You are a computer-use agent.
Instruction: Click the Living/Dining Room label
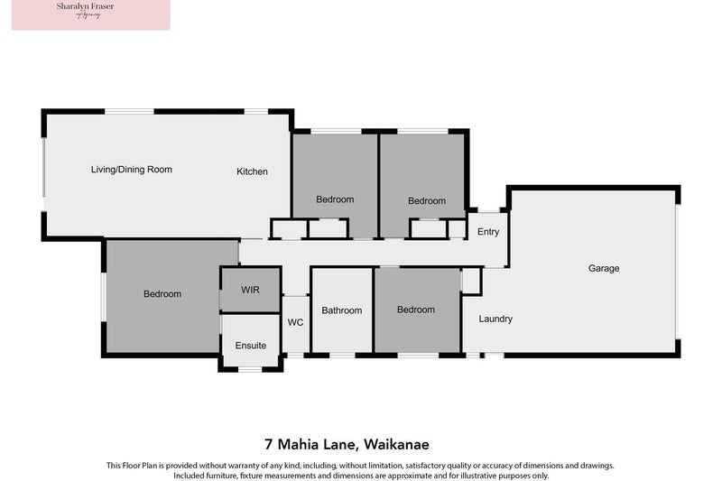tap(131, 170)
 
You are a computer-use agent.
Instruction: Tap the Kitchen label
tap(252, 171)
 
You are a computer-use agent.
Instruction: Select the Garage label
tap(604, 268)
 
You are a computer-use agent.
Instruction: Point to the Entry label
tap(488, 232)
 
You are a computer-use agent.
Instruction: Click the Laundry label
tap(495, 319)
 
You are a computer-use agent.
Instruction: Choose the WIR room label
tap(250, 291)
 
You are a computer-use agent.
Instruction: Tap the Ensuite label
tap(251, 346)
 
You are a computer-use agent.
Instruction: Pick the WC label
tap(295, 323)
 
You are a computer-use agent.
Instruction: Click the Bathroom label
tap(342, 310)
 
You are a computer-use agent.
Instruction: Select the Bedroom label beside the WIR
tap(162, 294)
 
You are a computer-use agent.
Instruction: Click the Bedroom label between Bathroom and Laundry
tap(416, 310)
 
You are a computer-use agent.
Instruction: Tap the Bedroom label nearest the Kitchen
tap(335, 199)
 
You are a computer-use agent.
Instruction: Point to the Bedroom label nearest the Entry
tap(427, 201)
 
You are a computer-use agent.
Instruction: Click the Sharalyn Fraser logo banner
tap(90, 15)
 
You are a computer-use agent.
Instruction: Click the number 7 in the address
tap(269, 444)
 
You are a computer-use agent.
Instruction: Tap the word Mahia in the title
tap(301, 444)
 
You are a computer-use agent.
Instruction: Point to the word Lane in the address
tap(344, 444)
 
